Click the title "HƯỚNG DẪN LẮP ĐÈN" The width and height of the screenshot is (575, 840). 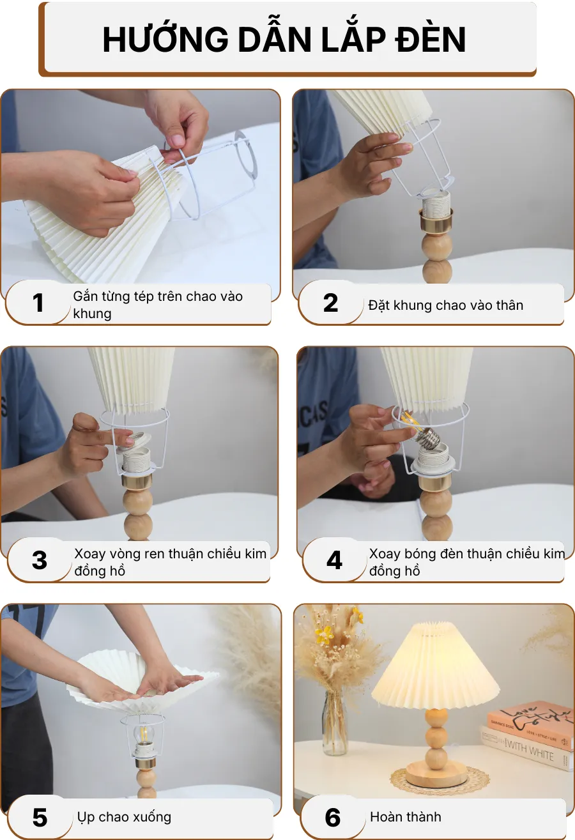coord(284,40)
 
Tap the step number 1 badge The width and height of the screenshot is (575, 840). coord(38,303)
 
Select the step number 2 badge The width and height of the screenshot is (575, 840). coord(330,303)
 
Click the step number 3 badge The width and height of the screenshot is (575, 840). coord(40,560)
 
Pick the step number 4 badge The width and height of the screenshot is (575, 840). coord(334,560)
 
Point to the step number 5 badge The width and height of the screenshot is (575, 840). coord(40,817)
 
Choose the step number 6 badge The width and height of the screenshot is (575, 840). coord(333,817)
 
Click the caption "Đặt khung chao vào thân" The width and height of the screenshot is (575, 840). coord(445,305)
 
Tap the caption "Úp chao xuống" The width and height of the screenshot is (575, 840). coord(124,817)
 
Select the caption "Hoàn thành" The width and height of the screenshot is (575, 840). coord(405,817)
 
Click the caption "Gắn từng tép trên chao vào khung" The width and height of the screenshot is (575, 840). coord(157,305)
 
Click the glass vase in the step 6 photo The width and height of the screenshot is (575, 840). coord(335,722)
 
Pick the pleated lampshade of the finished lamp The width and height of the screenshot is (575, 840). coord(436,664)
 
